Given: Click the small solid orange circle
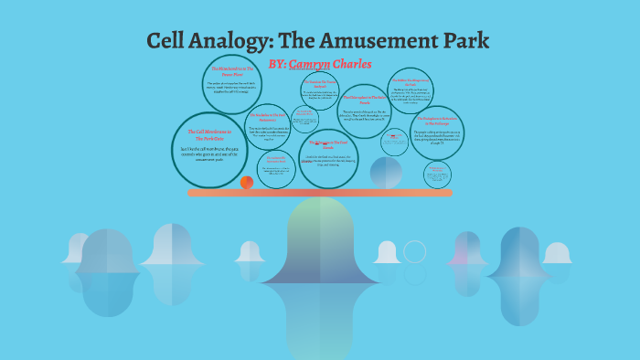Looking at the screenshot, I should coord(247,183).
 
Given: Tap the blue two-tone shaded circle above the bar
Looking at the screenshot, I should coord(386,173).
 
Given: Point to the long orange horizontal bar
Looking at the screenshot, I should coord(320,193).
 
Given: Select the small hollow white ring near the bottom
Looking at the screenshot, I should coord(415,252).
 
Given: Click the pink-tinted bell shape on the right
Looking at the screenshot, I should coord(467,251).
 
